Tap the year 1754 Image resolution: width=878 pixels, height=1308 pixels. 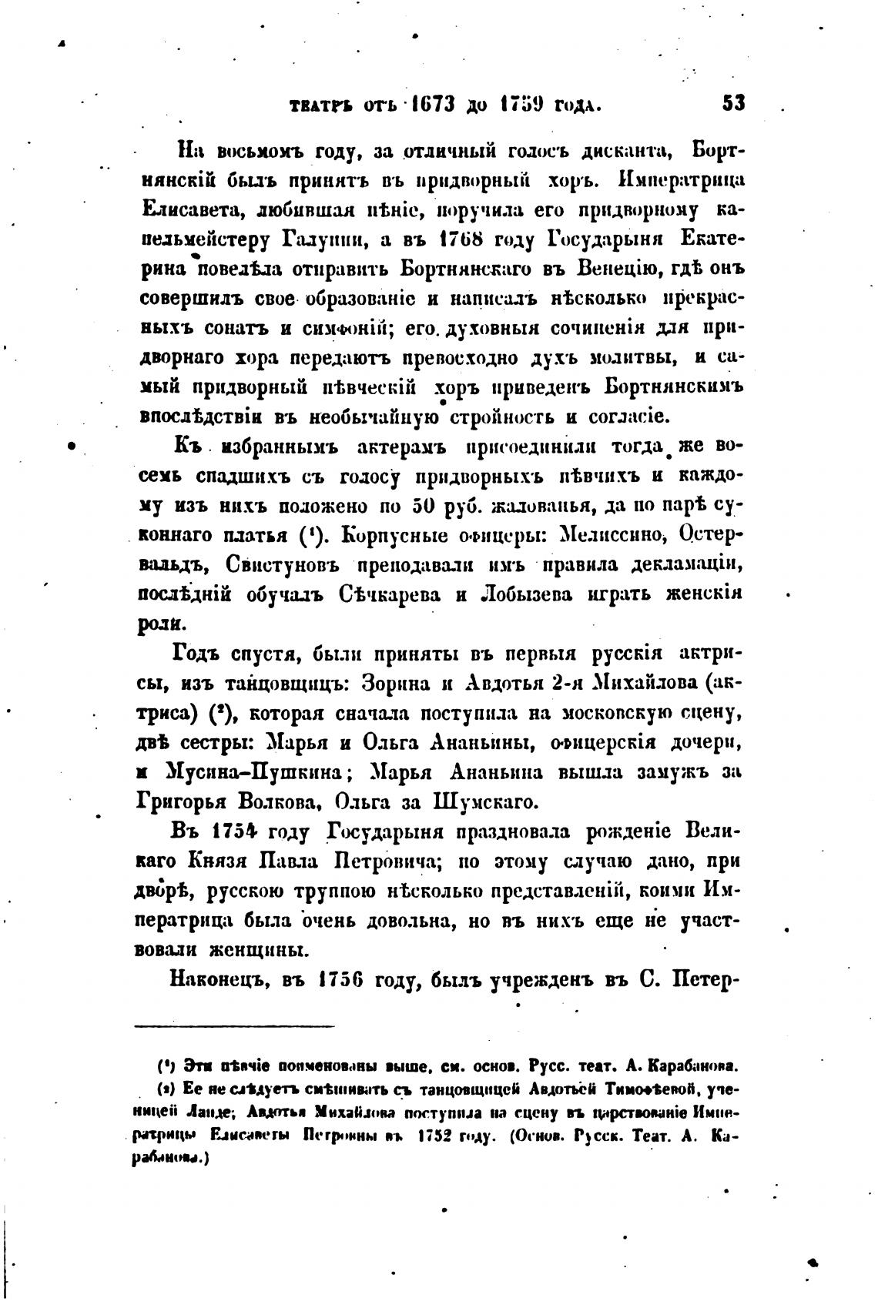click(x=229, y=833)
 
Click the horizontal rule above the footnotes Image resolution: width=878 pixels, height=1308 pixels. click(x=235, y=1026)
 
